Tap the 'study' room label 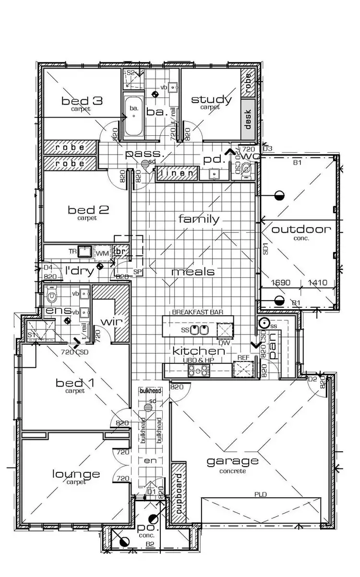click(211, 99)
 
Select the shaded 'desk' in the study click(248, 117)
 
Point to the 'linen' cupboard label click(177, 173)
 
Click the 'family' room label click(199, 219)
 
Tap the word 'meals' click(193, 272)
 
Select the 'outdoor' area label click(301, 229)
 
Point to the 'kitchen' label click(199, 351)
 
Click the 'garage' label click(232, 461)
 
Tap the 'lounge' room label click(76, 474)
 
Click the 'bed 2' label click(88, 210)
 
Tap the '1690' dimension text click(281, 283)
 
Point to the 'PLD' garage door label click(261, 494)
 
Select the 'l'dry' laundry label click(79, 271)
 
